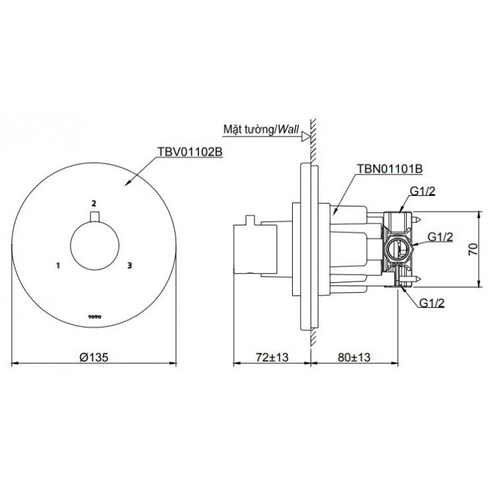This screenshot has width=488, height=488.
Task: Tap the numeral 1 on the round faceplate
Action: click(59, 266)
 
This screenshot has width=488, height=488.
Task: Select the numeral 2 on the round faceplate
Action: click(94, 202)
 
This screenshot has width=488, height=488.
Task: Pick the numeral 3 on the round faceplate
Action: click(130, 266)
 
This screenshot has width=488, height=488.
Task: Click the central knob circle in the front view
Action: click(94, 247)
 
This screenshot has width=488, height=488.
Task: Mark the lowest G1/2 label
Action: click(431, 303)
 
